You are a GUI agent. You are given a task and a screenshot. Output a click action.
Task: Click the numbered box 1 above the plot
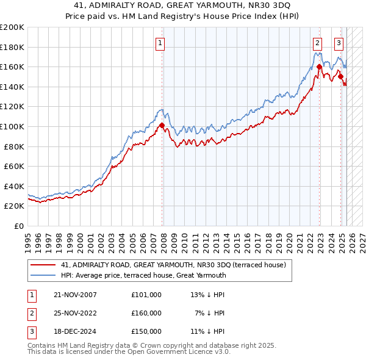point(159,43)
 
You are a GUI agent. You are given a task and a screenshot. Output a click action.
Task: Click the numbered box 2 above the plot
point(318,43)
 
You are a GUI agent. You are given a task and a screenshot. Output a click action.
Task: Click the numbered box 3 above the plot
point(339,43)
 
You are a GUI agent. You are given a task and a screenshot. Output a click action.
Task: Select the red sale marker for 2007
point(162,126)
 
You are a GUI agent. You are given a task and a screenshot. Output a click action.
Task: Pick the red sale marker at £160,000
point(319,67)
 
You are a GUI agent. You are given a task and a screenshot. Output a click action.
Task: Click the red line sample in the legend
point(44,265)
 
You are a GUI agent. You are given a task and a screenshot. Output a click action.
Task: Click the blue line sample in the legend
point(44,275)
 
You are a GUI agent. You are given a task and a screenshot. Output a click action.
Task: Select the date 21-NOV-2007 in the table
point(75,295)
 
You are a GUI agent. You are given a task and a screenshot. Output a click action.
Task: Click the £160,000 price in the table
point(146,313)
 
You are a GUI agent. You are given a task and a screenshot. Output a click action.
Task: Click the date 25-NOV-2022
point(75,313)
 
